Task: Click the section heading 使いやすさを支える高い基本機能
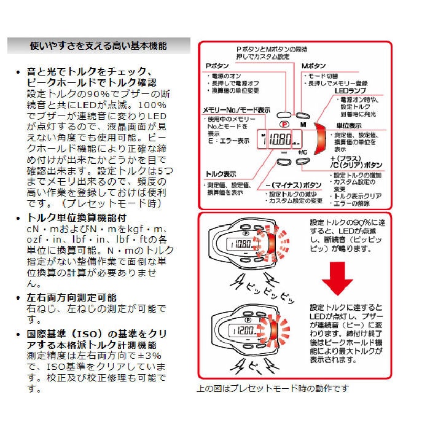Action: point(98,46)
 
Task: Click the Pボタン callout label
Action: point(219,64)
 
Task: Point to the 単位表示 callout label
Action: point(349,125)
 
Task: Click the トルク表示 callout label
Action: point(221,174)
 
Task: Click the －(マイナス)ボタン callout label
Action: point(292,184)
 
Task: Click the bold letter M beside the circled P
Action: point(302,124)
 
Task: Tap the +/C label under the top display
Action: point(303,152)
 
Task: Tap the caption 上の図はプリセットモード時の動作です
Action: point(272,388)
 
